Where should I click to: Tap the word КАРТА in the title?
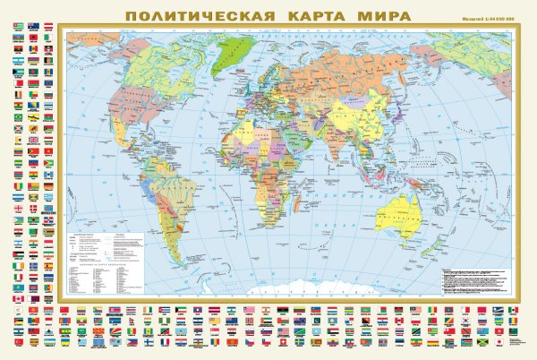point(316,15)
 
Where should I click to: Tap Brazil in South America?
point(183,188)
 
